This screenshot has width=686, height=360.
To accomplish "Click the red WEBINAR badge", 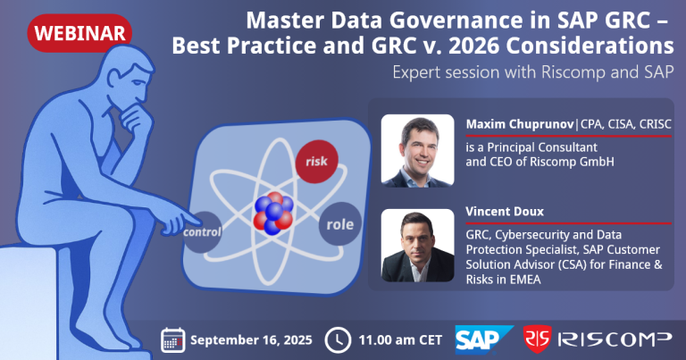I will (x=79, y=32).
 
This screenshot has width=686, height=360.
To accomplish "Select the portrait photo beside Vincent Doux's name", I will (x=418, y=246).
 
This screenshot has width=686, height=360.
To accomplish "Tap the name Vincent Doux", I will (x=500, y=213).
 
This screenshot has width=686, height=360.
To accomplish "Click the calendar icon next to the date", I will (x=173, y=339).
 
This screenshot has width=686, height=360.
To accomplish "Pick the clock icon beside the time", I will (x=336, y=339).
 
